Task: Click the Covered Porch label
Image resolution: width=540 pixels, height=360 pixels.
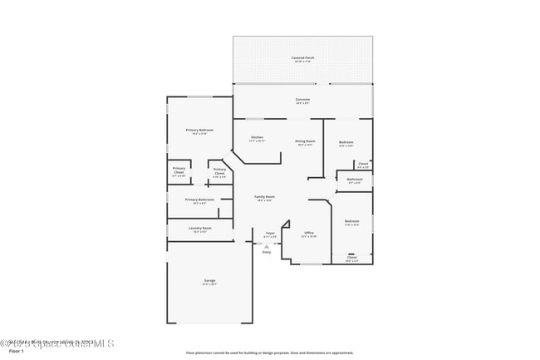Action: pos(302,58)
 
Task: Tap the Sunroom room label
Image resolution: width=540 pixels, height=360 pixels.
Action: pos(302,100)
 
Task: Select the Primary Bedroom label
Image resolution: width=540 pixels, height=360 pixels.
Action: pos(199,131)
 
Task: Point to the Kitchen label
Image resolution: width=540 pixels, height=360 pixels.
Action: pos(258,137)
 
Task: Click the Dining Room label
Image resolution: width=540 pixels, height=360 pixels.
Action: pos(305,141)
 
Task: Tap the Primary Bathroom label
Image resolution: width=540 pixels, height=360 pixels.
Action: pos(199,200)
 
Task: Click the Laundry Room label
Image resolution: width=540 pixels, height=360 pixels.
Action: pos(200,229)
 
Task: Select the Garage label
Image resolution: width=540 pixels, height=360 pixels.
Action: pos(209,281)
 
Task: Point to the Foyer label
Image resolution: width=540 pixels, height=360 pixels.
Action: pos(270,234)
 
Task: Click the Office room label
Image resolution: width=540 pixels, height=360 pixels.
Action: pos(308,234)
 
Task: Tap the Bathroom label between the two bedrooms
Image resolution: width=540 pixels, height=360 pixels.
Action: pos(355,180)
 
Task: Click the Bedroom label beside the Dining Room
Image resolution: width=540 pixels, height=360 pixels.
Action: pos(346,143)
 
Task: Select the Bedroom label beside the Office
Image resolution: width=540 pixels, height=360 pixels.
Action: pos(351,221)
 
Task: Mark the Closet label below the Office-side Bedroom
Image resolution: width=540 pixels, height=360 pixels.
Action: pos(352,258)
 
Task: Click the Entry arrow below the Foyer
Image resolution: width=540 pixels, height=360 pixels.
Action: pos(267,244)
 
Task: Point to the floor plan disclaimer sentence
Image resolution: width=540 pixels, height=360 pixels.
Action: pos(269,353)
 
